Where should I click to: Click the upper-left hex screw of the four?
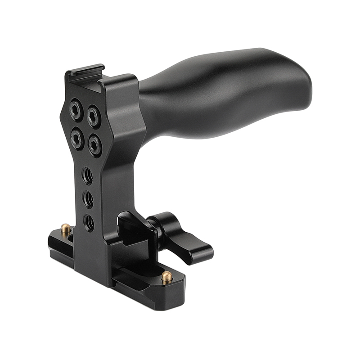76,109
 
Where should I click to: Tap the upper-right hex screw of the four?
94,117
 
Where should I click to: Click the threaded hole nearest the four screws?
88,175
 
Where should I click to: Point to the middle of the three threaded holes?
89,199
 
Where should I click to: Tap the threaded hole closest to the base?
90,223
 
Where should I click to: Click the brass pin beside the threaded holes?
66,229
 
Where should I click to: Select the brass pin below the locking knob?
166,276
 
